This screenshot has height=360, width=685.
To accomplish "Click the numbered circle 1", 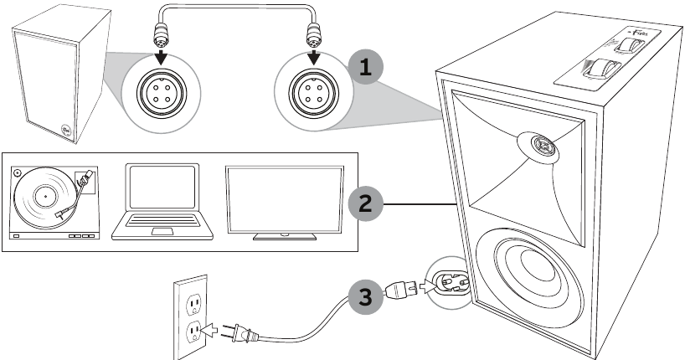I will pos(363,68).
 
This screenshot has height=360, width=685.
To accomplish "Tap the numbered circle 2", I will pos(363,203).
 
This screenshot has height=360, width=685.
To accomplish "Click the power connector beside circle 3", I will pos(402,291).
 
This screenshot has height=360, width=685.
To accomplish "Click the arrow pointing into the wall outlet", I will pos(215,332).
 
